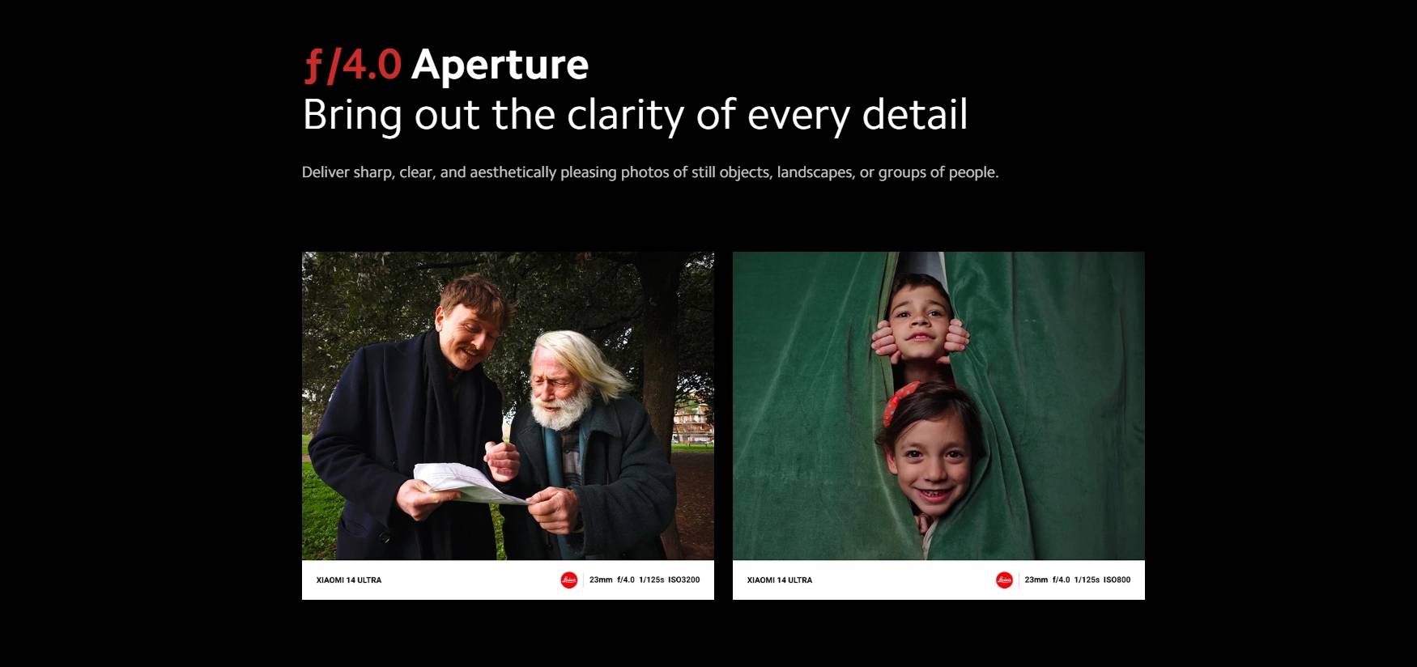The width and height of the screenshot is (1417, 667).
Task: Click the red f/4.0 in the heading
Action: click(353, 65)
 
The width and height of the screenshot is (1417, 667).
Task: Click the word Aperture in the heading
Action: click(500, 65)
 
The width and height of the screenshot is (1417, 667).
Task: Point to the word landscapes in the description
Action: click(815, 172)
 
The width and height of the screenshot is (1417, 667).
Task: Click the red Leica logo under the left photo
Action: click(569, 580)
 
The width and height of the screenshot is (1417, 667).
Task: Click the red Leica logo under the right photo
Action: click(1004, 580)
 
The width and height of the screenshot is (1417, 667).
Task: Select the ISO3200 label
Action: click(684, 580)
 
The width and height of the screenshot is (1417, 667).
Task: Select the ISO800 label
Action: click(1117, 580)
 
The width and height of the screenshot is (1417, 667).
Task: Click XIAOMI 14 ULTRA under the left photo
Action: click(349, 580)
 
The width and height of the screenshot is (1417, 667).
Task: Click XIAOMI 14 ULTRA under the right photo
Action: click(780, 580)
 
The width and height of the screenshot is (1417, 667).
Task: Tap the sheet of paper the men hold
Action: click(470, 482)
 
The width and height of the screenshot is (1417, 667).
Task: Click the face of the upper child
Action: click(918, 319)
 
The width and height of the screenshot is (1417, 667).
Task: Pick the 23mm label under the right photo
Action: click(1036, 580)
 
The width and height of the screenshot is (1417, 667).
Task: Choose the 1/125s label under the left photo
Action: click(651, 580)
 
